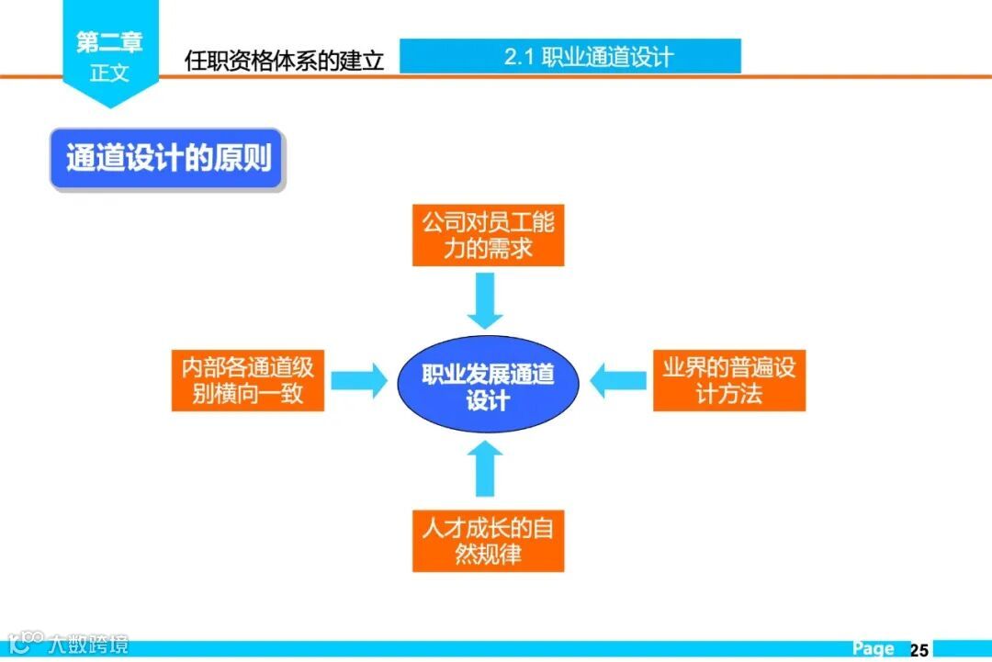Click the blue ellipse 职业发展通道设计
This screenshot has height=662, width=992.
488,386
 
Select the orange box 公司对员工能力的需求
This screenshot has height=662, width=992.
488,236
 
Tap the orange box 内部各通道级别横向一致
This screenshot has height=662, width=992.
248,381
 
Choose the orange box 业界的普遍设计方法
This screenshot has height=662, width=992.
729,381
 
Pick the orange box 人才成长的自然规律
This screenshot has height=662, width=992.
488,542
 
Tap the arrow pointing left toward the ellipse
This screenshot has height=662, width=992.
617,380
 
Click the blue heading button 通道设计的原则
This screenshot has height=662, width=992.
168,159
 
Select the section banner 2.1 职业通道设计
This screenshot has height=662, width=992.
570,57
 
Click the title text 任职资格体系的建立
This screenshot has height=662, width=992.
284,62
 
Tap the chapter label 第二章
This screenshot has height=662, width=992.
110,41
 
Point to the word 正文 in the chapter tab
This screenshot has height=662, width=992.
110,73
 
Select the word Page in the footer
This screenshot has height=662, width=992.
873,649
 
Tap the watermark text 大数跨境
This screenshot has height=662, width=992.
90,645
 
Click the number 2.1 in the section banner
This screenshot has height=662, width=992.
519,57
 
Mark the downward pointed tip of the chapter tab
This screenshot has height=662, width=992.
110,105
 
